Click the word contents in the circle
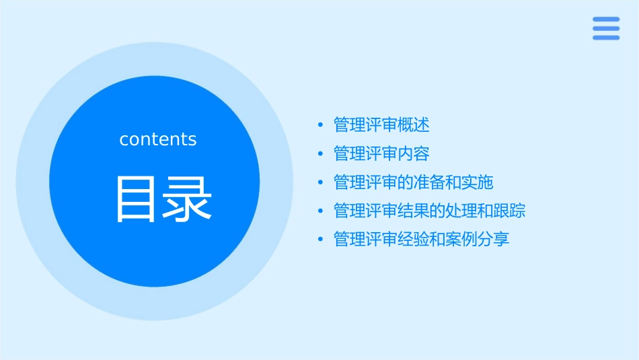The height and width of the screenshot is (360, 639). (x=158, y=139)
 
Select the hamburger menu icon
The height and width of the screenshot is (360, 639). (x=605, y=28)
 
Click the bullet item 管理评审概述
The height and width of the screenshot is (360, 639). (x=381, y=124)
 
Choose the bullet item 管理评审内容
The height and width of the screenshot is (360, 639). (x=381, y=153)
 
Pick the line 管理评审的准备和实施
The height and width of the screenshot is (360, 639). (x=413, y=182)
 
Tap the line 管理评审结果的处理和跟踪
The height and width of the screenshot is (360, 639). (x=429, y=211)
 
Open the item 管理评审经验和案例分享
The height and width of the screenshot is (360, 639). (x=421, y=240)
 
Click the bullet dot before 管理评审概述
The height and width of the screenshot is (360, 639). (x=320, y=125)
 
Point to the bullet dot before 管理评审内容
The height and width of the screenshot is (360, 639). (x=320, y=154)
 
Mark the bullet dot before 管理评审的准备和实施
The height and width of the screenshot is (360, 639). (x=320, y=183)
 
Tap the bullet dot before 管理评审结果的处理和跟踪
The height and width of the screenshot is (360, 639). (x=320, y=212)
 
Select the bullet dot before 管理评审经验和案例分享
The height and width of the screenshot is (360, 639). (x=320, y=240)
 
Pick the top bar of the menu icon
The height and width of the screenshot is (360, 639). (x=605, y=20)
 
